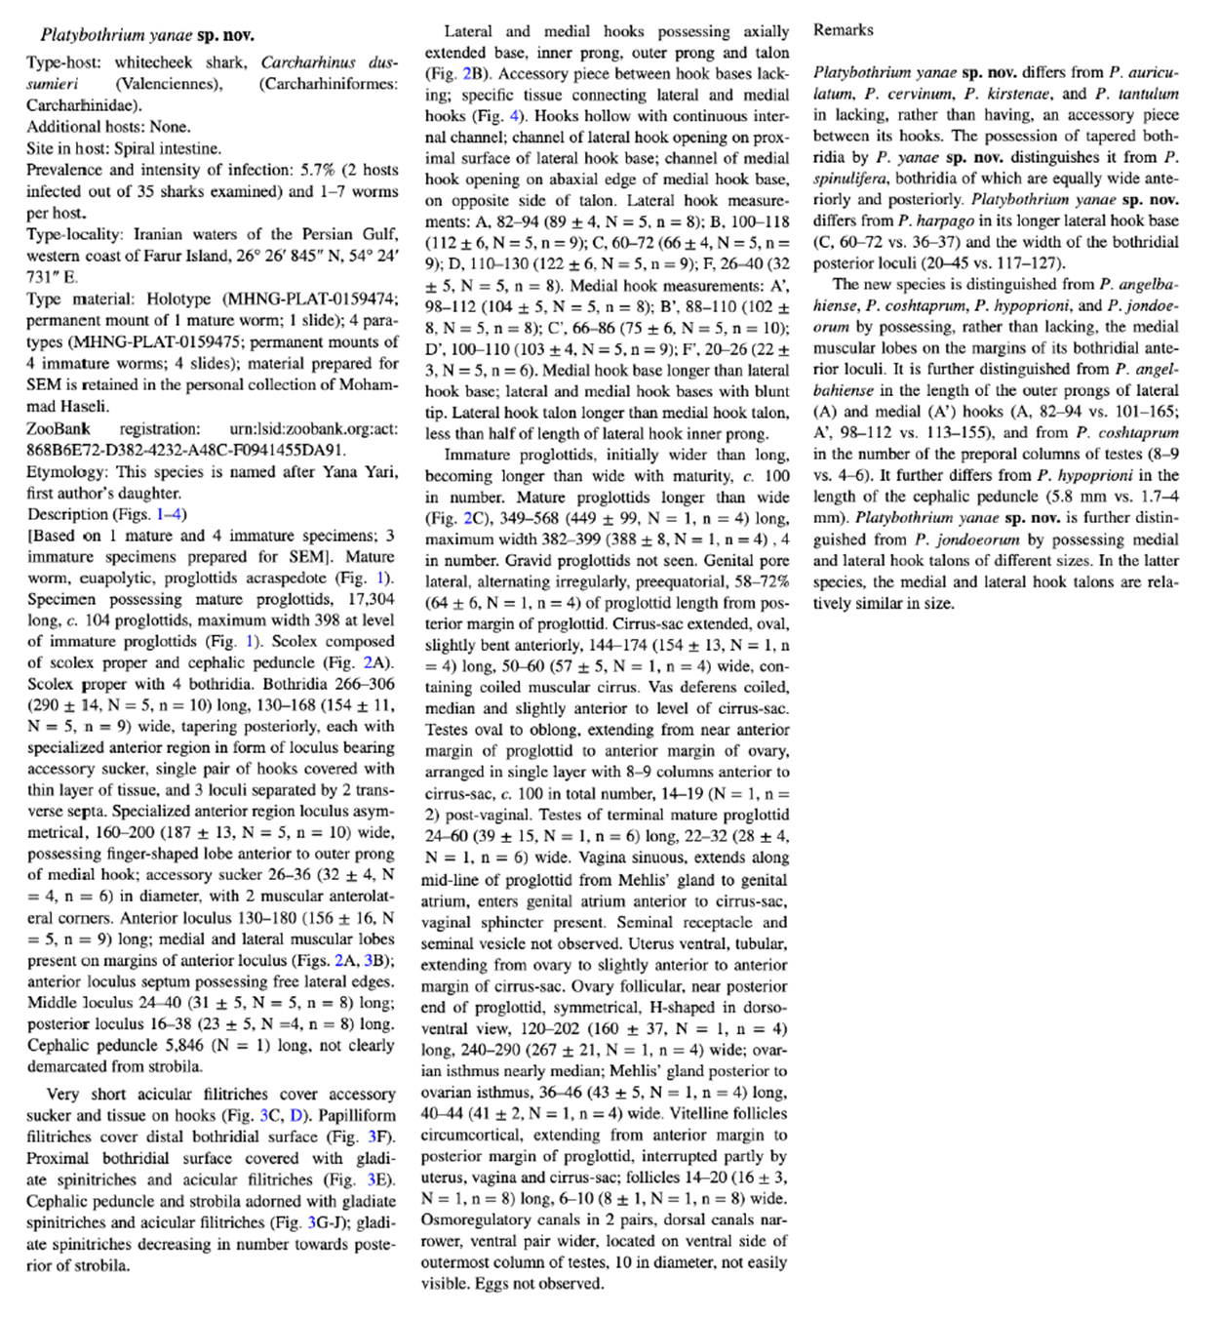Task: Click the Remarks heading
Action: (843, 30)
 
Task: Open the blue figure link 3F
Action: (380, 1137)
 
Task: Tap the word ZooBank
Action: (59, 429)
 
